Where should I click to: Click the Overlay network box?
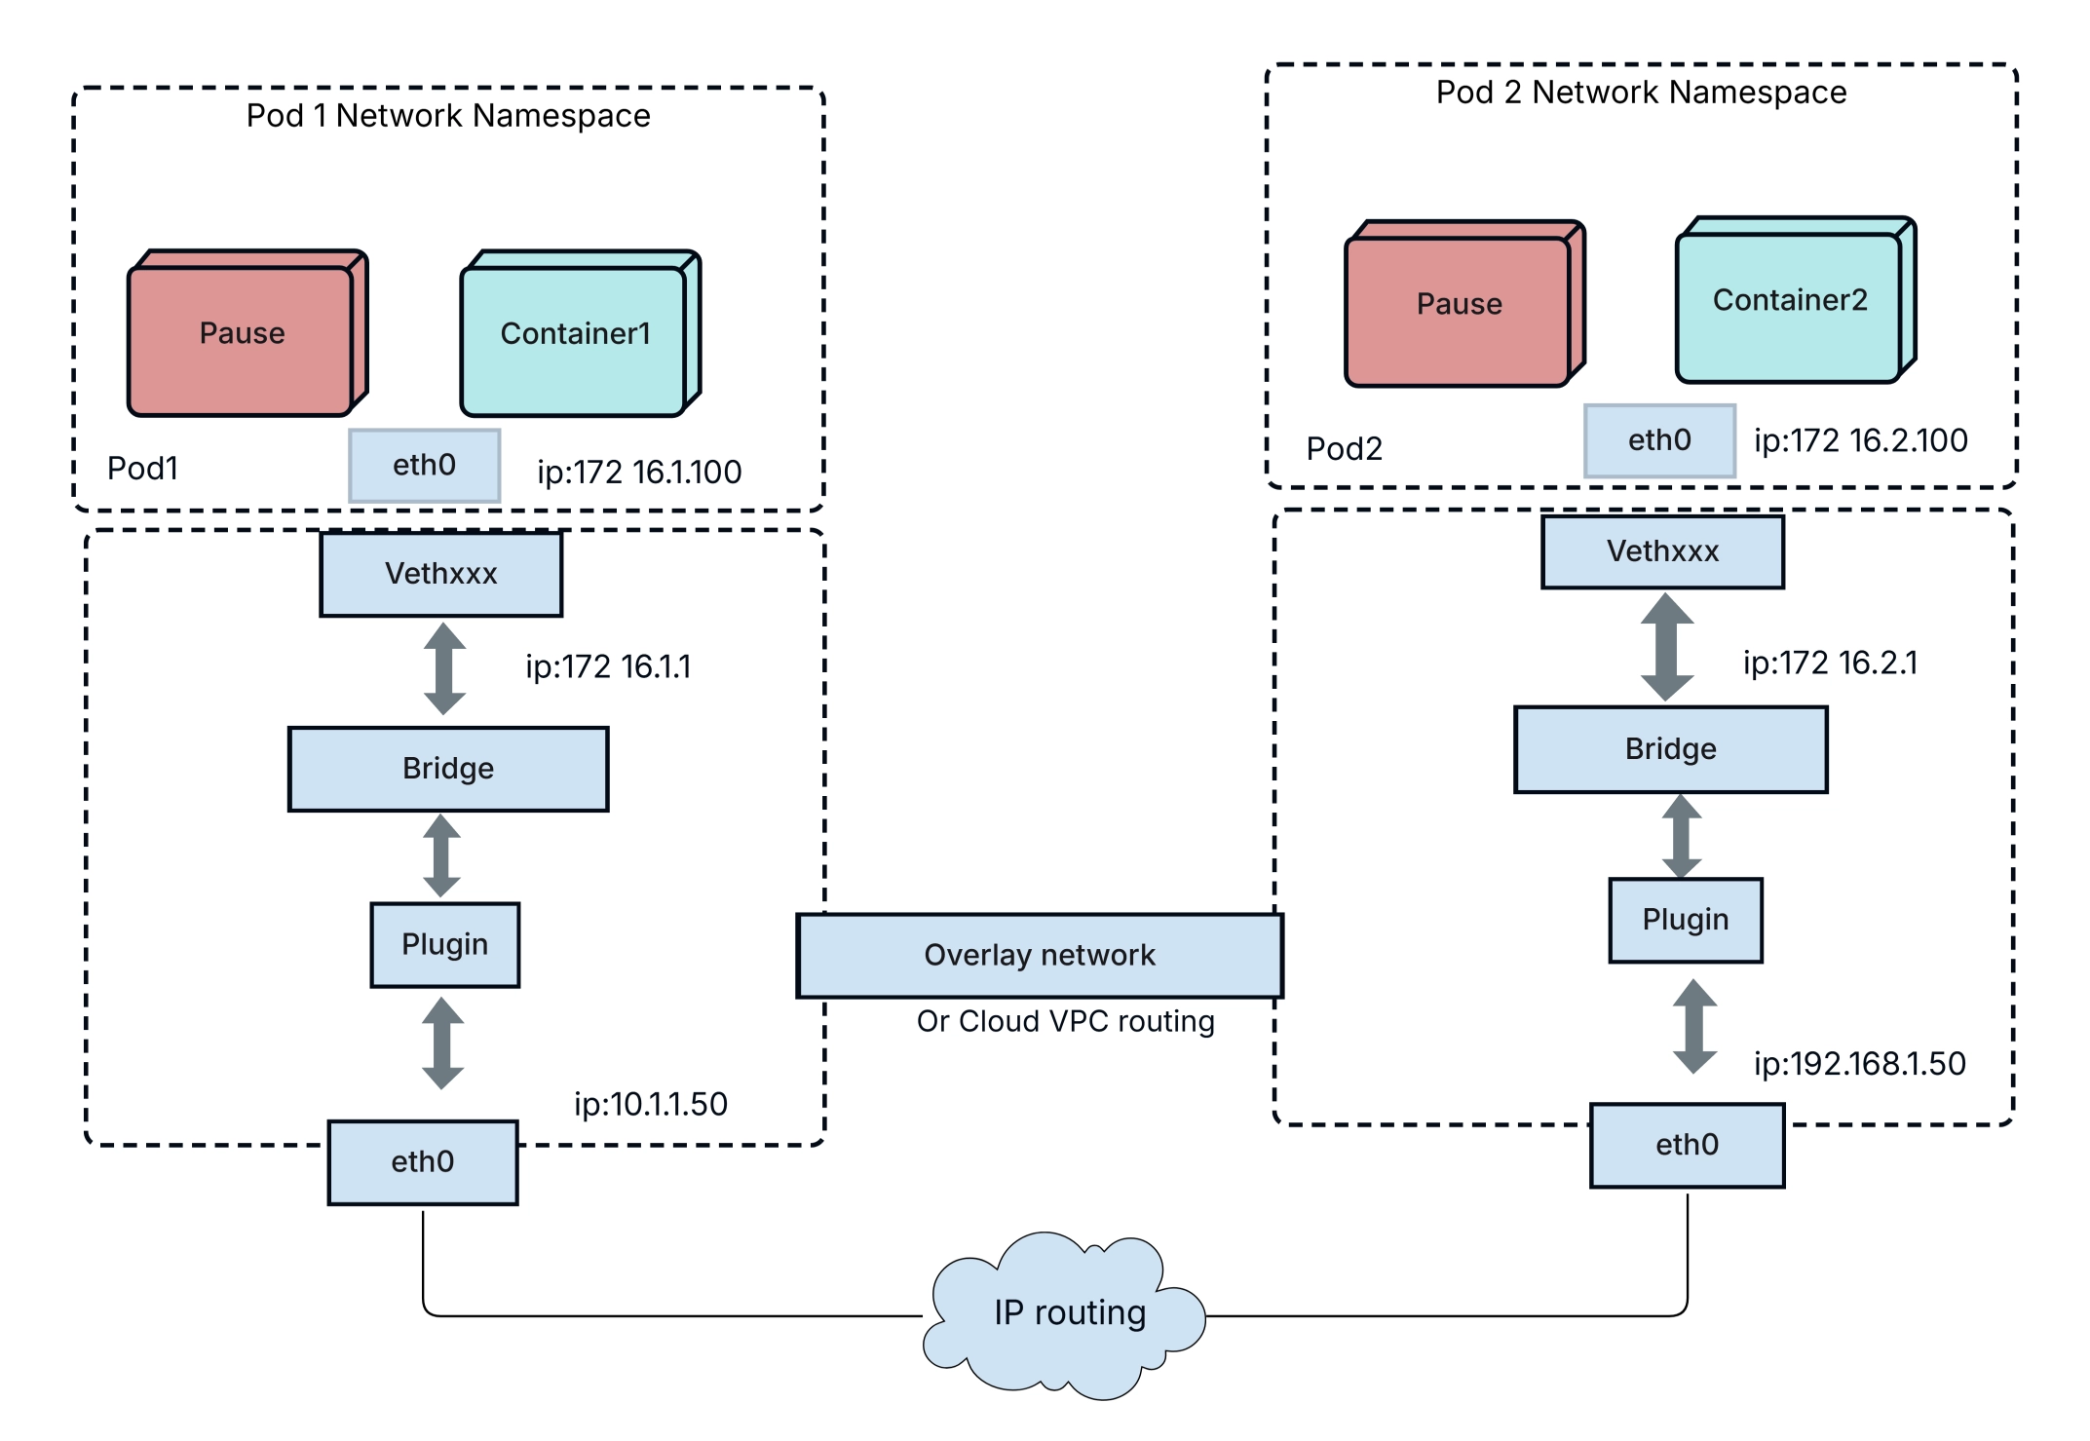coord(1040,955)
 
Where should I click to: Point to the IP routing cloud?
coord(1068,1312)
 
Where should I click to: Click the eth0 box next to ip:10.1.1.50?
coord(423,1161)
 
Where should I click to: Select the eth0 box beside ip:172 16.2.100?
coord(1659,440)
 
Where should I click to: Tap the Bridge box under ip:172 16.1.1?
coord(448,768)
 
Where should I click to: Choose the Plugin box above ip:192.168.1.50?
coord(1685,920)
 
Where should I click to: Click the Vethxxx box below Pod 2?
coord(1662,551)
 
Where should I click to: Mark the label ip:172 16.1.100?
coord(639,473)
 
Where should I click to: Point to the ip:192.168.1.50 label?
coord(1859,1063)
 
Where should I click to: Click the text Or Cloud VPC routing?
coord(1065,1021)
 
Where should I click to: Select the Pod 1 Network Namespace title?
coord(448,116)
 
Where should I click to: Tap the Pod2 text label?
coord(1344,448)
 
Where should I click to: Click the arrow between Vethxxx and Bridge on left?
coord(444,669)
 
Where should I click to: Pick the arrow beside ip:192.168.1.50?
coord(1694,1027)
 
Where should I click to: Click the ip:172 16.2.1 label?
coord(1829,663)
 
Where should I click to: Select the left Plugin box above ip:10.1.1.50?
coord(444,944)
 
